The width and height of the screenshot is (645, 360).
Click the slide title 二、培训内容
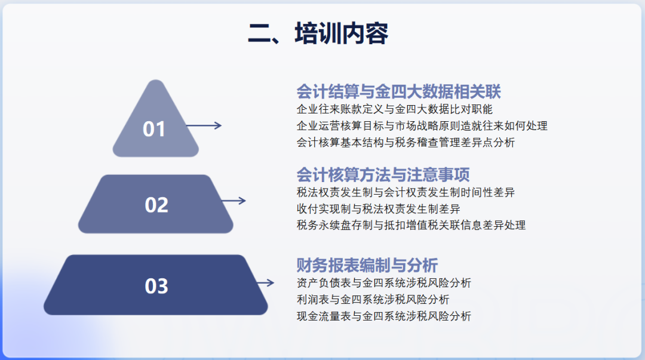318,33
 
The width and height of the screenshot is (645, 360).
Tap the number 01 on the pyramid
154,129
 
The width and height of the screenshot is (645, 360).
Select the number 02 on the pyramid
156,205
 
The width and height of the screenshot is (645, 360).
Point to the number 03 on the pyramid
156,286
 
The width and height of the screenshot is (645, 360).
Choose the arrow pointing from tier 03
265,283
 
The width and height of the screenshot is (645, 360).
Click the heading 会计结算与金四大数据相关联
398,91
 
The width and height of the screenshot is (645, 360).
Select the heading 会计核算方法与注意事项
383,174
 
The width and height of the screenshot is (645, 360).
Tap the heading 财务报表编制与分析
367,265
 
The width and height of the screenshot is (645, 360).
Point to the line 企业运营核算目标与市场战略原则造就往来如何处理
422,126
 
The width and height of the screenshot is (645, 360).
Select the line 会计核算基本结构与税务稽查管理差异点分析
406,143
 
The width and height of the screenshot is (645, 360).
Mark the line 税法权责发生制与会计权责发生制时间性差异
406,192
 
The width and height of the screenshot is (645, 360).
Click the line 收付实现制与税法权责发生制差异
378,208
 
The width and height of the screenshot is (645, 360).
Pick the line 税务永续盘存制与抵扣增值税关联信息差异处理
411,225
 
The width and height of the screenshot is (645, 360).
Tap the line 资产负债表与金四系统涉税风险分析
383,282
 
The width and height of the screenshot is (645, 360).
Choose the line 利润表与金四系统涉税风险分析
373,299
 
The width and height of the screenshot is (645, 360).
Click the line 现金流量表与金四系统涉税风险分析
383,316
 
